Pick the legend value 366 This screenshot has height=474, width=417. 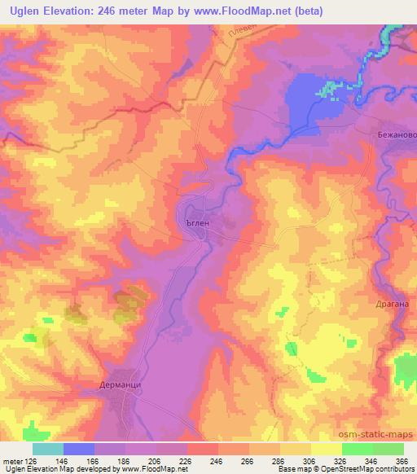pos(402,459)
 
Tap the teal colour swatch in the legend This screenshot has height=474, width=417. pos(48,448)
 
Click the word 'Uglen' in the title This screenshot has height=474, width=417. pos(24,11)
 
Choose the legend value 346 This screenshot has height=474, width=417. pos(371,459)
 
